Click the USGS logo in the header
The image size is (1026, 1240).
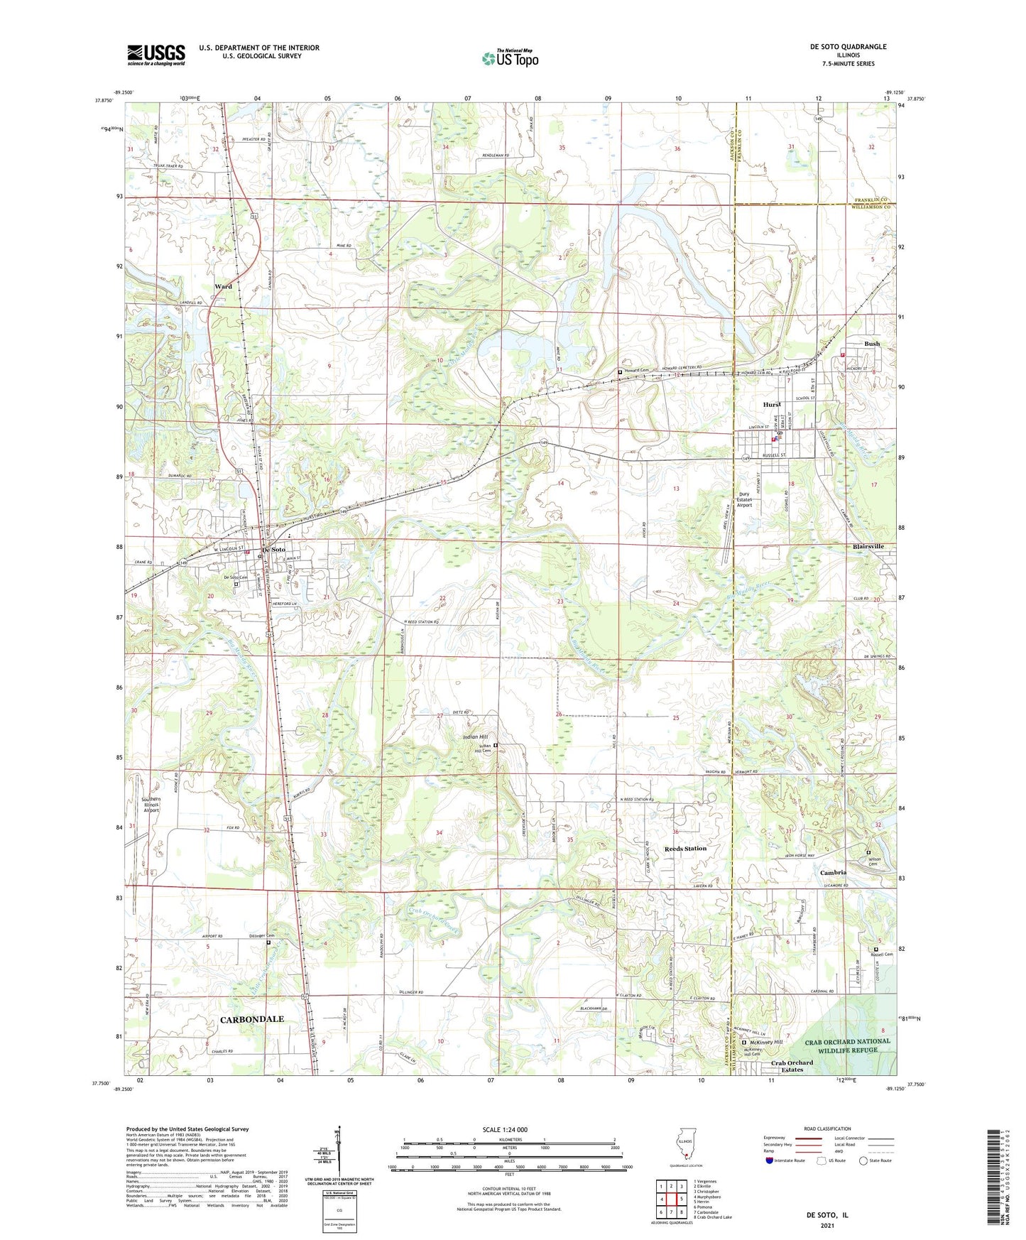pos(155,55)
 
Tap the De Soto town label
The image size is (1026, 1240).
pos(273,550)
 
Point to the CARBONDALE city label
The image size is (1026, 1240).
pos(251,1019)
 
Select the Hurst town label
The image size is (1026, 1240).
pos(772,405)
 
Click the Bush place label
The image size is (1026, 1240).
pos(871,344)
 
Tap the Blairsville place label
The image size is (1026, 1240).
pos(868,546)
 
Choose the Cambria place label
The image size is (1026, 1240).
pos(833,872)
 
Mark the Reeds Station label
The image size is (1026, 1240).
pos(685,849)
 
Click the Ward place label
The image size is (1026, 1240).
pos(223,287)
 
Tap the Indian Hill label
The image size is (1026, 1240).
pos(476,737)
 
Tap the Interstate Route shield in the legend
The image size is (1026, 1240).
pos(770,1160)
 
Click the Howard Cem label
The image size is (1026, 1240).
pos(637,371)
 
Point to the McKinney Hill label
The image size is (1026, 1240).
pos(767,1042)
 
